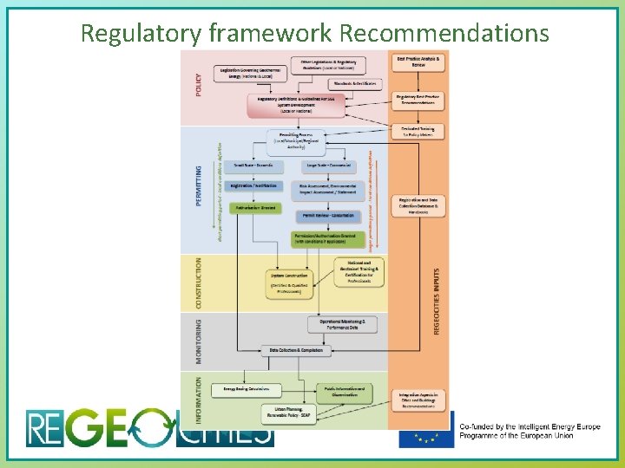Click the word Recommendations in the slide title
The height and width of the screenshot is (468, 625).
tap(444, 34)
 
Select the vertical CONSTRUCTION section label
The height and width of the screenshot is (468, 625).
tap(199, 283)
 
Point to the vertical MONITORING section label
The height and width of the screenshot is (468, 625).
tap(199, 341)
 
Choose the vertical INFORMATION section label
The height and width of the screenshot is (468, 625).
tap(199, 400)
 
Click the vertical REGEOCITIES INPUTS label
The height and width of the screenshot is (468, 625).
tap(436, 299)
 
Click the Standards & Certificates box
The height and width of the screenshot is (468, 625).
tap(354, 83)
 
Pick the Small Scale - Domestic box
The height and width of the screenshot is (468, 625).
tap(253, 165)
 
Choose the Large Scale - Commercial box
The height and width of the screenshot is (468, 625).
tap(328, 165)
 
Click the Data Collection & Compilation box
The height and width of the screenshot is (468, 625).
tap(295, 350)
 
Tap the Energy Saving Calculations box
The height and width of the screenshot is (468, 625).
tap(246, 389)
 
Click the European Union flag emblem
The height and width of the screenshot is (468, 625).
tap(425, 429)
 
